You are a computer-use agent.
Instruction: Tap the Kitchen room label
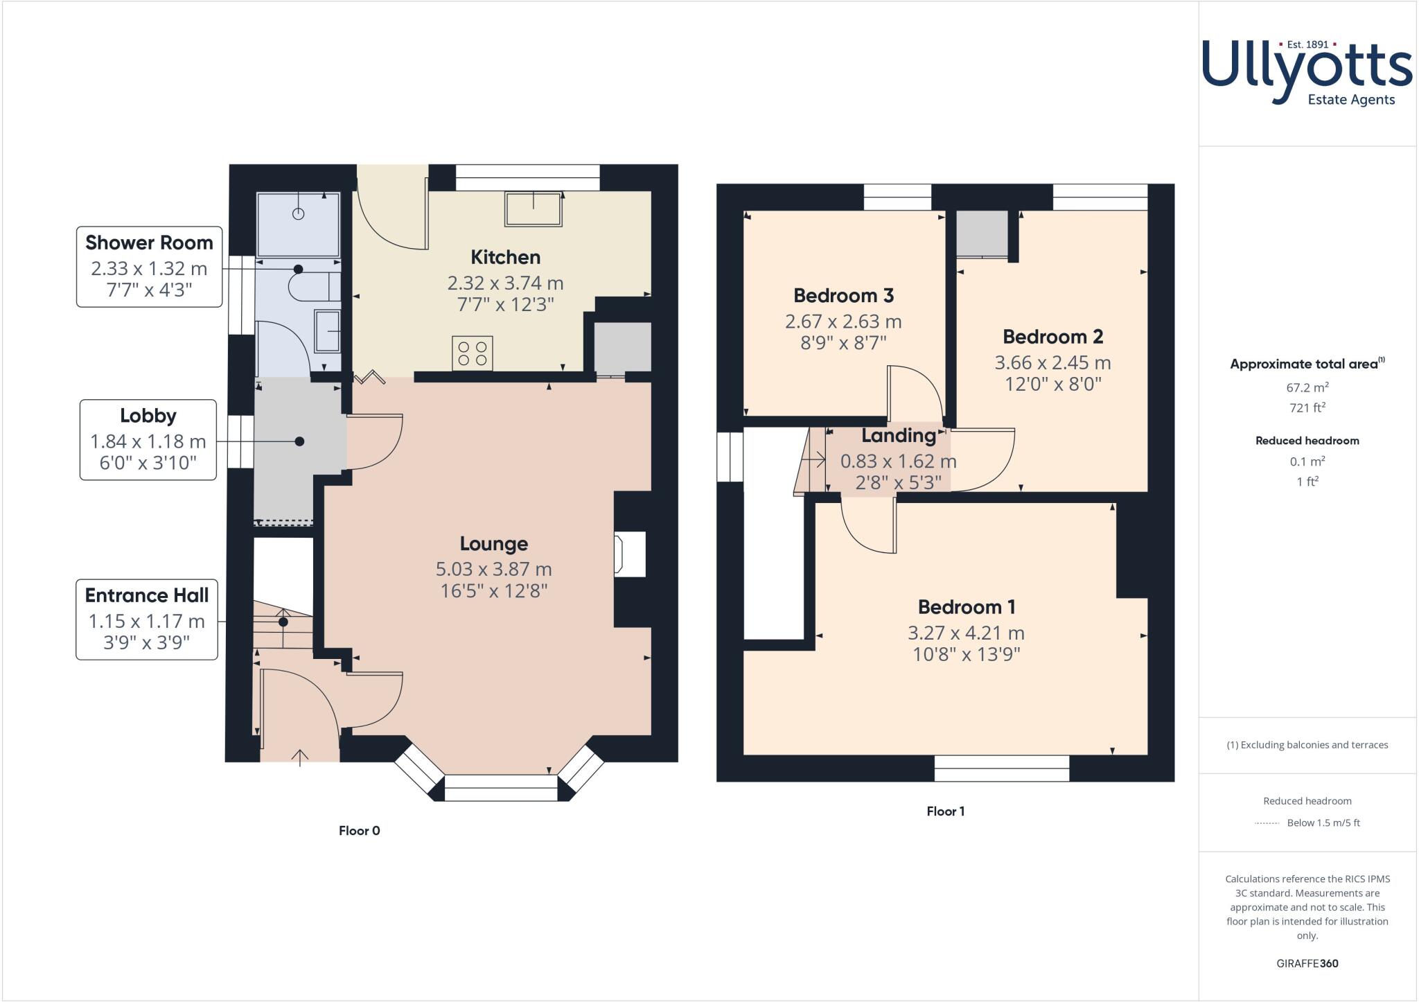505,257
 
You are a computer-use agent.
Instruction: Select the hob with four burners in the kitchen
473,353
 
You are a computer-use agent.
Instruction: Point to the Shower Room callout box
149,267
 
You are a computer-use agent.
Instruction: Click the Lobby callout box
148,439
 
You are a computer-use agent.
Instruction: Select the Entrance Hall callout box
146,619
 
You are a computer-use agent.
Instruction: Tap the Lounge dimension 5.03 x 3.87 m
493,570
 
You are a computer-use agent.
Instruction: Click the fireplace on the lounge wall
629,554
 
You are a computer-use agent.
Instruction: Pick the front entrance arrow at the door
300,757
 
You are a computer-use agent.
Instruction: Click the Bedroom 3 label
843,296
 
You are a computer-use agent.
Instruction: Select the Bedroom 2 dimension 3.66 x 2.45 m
1052,362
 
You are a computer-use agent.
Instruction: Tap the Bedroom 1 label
966,607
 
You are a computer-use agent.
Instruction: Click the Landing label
898,436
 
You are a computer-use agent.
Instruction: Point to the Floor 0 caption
359,830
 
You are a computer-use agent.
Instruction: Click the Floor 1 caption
945,811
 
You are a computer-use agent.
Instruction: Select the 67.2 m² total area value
1307,387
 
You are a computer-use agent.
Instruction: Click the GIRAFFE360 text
1307,963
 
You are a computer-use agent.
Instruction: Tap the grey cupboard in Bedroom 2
982,234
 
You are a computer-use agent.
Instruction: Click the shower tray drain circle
298,213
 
